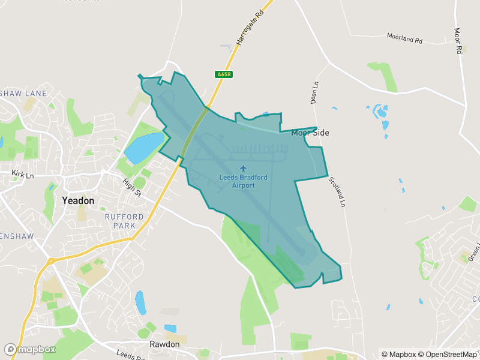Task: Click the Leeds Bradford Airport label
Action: pos(243,182)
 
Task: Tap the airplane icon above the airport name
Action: pos(243,169)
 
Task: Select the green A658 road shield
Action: pos(223,74)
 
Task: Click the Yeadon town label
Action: pos(78,201)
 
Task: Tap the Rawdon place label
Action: pos(164,344)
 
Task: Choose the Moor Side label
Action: pos(310,133)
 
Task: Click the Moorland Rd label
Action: pos(404,39)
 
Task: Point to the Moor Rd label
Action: pos(458,41)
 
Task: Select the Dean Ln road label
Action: pos(313,93)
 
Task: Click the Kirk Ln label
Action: pos(22,175)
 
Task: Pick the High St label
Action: pos(131,188)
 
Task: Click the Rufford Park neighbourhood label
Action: pos(124,221)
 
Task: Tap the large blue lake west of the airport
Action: pos(143,148)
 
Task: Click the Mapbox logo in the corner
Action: pos(30,349)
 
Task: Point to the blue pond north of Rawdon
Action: pos(140,302)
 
